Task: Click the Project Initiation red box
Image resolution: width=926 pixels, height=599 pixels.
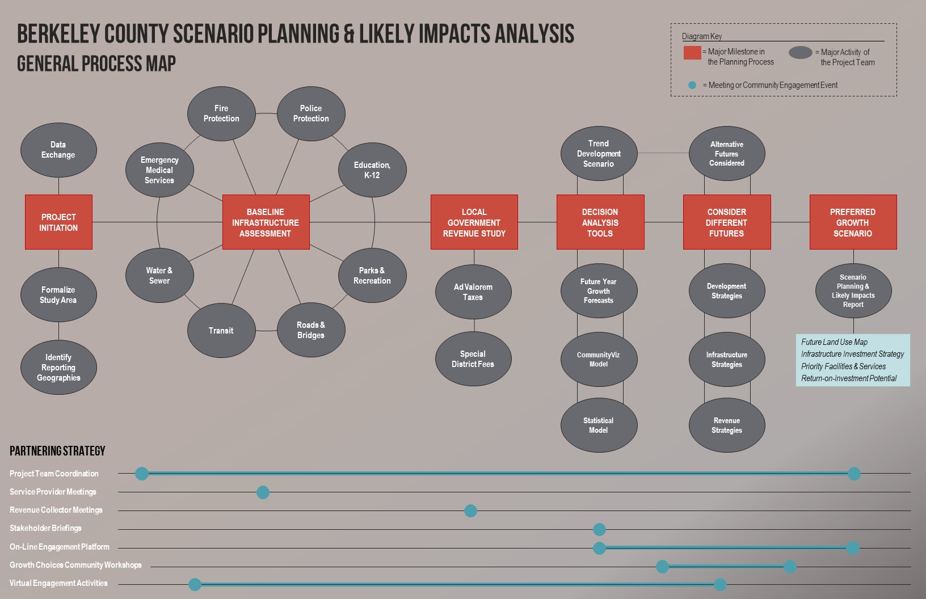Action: (x=58, y=222)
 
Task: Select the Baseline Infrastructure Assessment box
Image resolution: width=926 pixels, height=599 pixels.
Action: (x=266, y=222)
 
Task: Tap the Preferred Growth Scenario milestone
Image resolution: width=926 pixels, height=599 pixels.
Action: (x=853, y=222)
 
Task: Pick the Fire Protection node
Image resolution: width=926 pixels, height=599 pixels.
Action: (x=221, y=113)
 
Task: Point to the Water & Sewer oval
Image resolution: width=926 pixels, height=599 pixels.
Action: (x=159, y=276)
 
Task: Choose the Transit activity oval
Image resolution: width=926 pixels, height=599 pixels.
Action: (x=221, y=331)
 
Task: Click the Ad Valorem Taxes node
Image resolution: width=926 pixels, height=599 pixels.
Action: (x=473, y=292)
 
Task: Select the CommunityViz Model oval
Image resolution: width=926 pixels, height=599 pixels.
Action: (x=599, y=360)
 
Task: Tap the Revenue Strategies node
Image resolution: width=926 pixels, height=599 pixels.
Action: (x=727, y=425)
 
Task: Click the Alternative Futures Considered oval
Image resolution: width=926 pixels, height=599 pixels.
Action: (x=727, y=154)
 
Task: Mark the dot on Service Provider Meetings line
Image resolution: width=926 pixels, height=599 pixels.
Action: (x=263, y=492)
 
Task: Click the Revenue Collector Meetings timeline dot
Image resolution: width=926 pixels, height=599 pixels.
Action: (x=470, y=511)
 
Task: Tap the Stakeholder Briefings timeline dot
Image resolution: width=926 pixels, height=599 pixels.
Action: (x=599, y=530)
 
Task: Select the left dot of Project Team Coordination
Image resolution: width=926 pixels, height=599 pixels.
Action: (x=142, y=474)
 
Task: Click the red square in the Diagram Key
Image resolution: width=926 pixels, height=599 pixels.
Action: (x=692, y=53)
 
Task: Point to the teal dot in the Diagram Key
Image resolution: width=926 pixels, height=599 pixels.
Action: (x=692, y=86)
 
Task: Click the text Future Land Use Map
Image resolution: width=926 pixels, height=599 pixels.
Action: (x=834, y=342)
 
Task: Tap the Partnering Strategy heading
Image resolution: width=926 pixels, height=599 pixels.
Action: (x=57, y=452)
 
